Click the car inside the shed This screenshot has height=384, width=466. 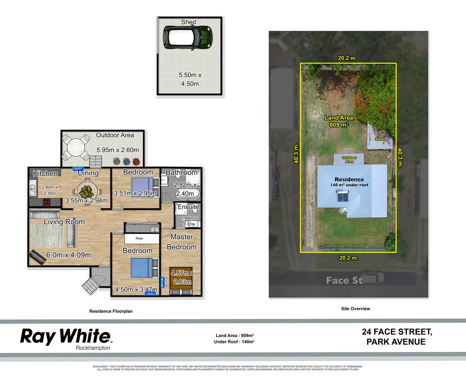click(188, 37)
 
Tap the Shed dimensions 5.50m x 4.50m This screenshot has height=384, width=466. click(190, 80)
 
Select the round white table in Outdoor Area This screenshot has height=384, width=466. click(76, 146)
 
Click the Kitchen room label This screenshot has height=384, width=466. click(45, 174)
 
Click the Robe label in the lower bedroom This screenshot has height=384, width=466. click(139, 239)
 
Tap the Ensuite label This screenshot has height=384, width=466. click(188, 207)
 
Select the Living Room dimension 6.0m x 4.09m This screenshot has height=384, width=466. click(69, 255)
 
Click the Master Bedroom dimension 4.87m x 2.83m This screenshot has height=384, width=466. click(182, 277)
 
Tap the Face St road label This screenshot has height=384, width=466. click(344, 281)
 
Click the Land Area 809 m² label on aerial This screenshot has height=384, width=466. click(339, 121)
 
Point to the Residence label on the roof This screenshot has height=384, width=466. click(349, 180)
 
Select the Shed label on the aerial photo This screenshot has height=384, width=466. click(380, 139)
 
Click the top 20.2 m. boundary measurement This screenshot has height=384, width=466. click(347, 58)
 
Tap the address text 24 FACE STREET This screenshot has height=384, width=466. click(397, 332)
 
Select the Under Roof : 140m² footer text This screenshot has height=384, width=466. click(234, 342)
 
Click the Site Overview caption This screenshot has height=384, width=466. click(355, 309)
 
